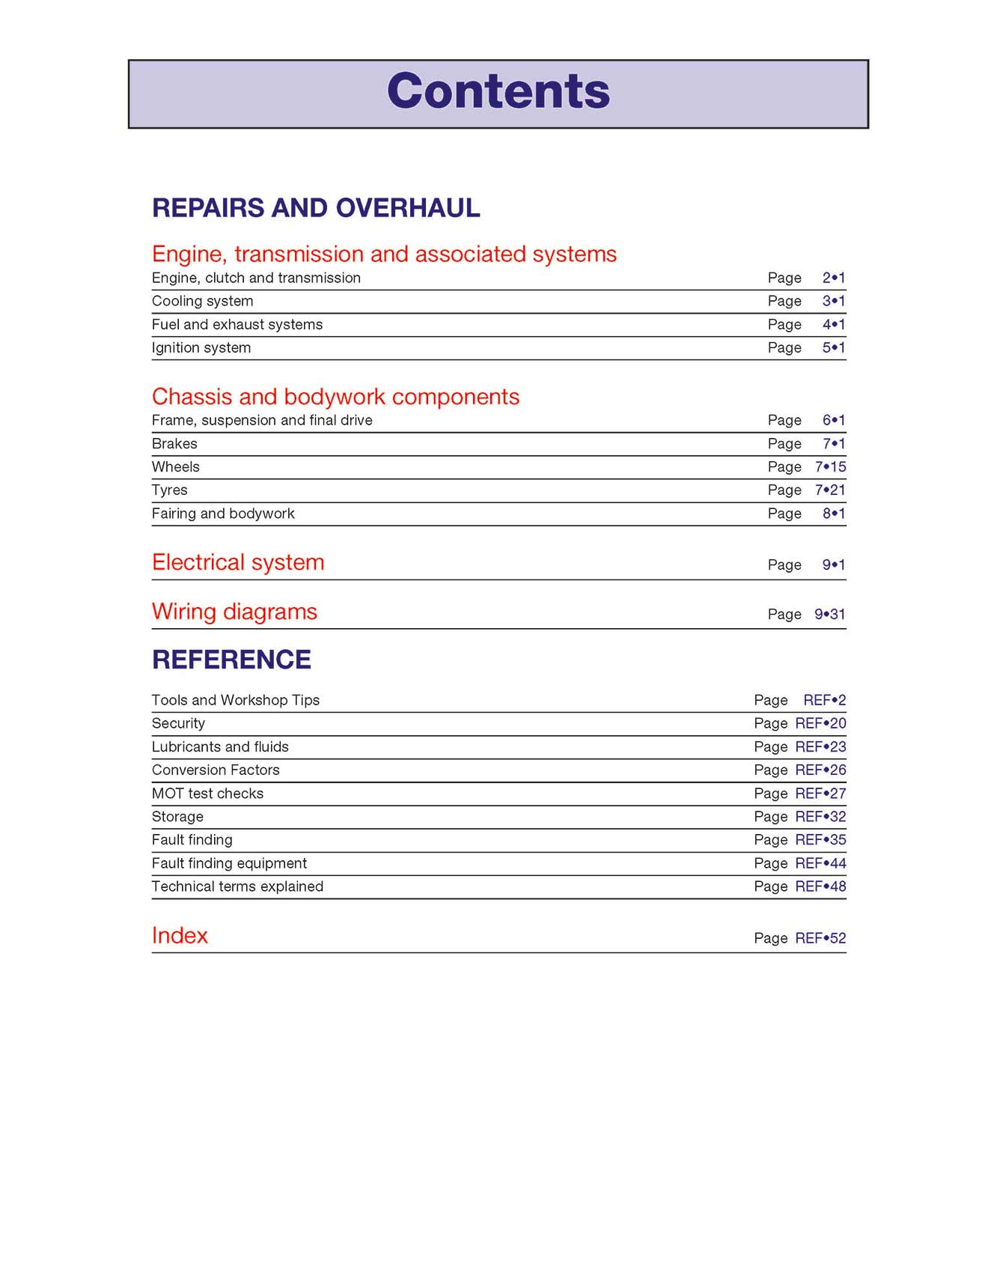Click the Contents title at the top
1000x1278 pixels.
(x=499, y=91)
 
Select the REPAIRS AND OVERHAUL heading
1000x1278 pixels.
(x=316, y=208)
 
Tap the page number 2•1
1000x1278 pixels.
(x=834, y=278)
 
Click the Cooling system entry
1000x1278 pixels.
(x=202, y=301)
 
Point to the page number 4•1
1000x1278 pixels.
(x=834, y=324)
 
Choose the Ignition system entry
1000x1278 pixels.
(x=201, y=347)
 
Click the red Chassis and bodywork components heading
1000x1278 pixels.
(x=335, y=396)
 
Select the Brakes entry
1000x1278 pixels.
(x=174, y=443)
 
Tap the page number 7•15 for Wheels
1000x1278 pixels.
(x=830, y=466)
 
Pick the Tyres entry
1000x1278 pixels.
(x=169, y=490)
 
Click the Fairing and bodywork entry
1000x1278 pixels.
(x=223, y=514)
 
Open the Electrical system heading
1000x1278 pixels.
(x=238, y=562)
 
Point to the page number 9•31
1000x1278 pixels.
(x=830, y=614)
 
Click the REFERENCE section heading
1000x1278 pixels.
(x=231, y=660)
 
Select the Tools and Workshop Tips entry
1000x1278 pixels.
(x=235, y=700)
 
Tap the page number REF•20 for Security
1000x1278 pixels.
(x=820, y=723)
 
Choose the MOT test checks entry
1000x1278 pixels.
(x=207, y=793)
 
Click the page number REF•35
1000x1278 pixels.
(x=820, y=839)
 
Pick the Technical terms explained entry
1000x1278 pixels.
(x=237, y=886)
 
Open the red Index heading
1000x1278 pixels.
(x=180, y=936)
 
